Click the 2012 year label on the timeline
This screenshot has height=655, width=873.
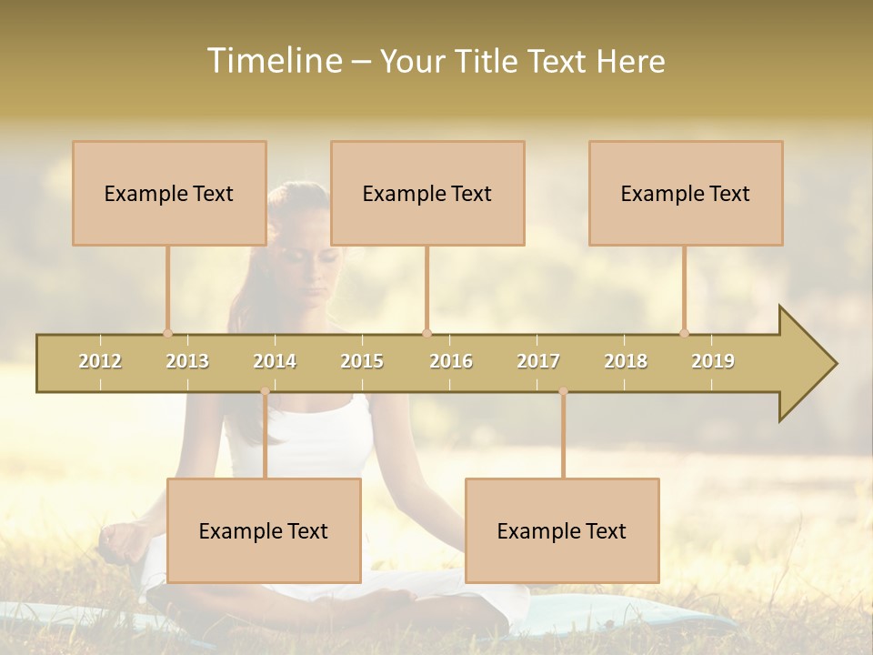100,361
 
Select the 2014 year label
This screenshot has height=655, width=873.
275,361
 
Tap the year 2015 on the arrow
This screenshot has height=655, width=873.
362,361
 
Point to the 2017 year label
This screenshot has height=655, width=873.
538,361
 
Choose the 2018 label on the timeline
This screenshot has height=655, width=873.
626,361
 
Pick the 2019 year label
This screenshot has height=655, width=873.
713,361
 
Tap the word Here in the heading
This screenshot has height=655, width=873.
630,61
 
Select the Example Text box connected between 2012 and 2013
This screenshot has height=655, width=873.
169,193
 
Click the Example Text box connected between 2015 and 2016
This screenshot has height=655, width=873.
427,193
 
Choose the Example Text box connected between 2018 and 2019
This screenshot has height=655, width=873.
686,193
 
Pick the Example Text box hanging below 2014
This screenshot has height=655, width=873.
264,530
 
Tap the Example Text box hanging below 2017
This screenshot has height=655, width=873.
562,530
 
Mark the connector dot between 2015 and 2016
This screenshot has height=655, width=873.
426,333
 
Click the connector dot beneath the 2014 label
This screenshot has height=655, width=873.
265,391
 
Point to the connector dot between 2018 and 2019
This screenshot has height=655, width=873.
684,333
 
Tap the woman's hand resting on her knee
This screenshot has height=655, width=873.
123,541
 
